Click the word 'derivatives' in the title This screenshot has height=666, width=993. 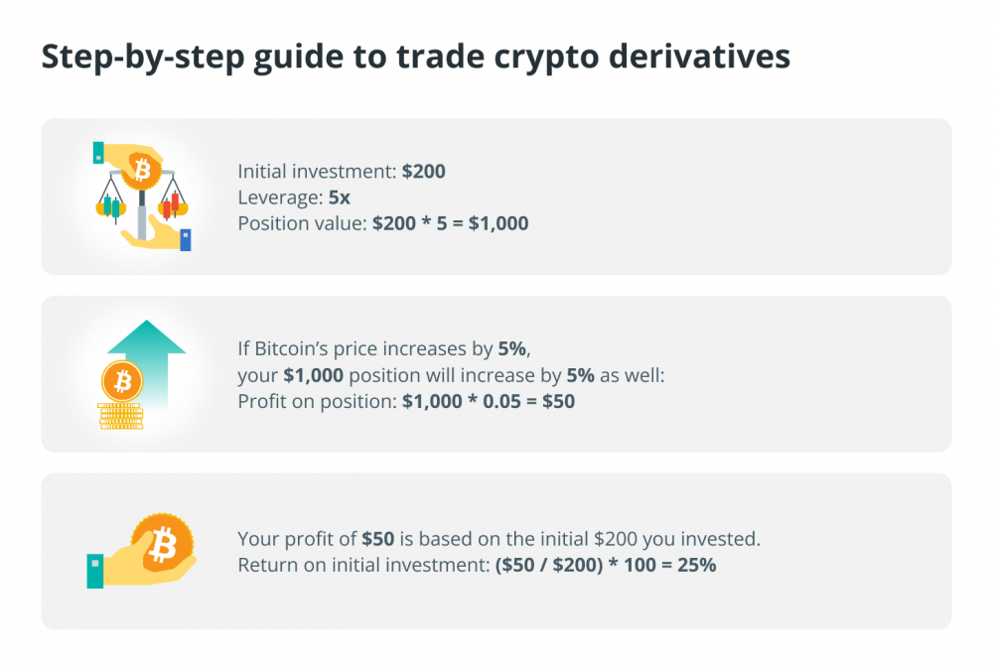tap(699, 56)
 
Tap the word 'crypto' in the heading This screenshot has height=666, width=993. tap(546, 59)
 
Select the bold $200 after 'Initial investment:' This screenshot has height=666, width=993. tap(424, 171)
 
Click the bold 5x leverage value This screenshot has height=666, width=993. tap(340, 198)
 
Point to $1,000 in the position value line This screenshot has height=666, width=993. tap(498, 223)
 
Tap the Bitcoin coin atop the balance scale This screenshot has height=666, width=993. tap(141, 170)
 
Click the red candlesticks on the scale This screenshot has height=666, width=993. tap(171, 203)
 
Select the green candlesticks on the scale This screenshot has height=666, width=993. tap(111, 207)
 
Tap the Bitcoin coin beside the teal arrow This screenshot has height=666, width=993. tap(122, 381)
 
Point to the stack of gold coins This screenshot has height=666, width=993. tap(121, 417)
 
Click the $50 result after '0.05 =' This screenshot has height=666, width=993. tap(558, 401)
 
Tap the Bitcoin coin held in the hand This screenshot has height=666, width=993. tap(163, 543)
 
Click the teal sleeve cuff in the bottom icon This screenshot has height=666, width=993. tap(95, 571)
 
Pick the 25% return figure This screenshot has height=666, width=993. tap(697, 565)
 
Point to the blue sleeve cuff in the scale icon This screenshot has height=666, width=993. tap(186, 240)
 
